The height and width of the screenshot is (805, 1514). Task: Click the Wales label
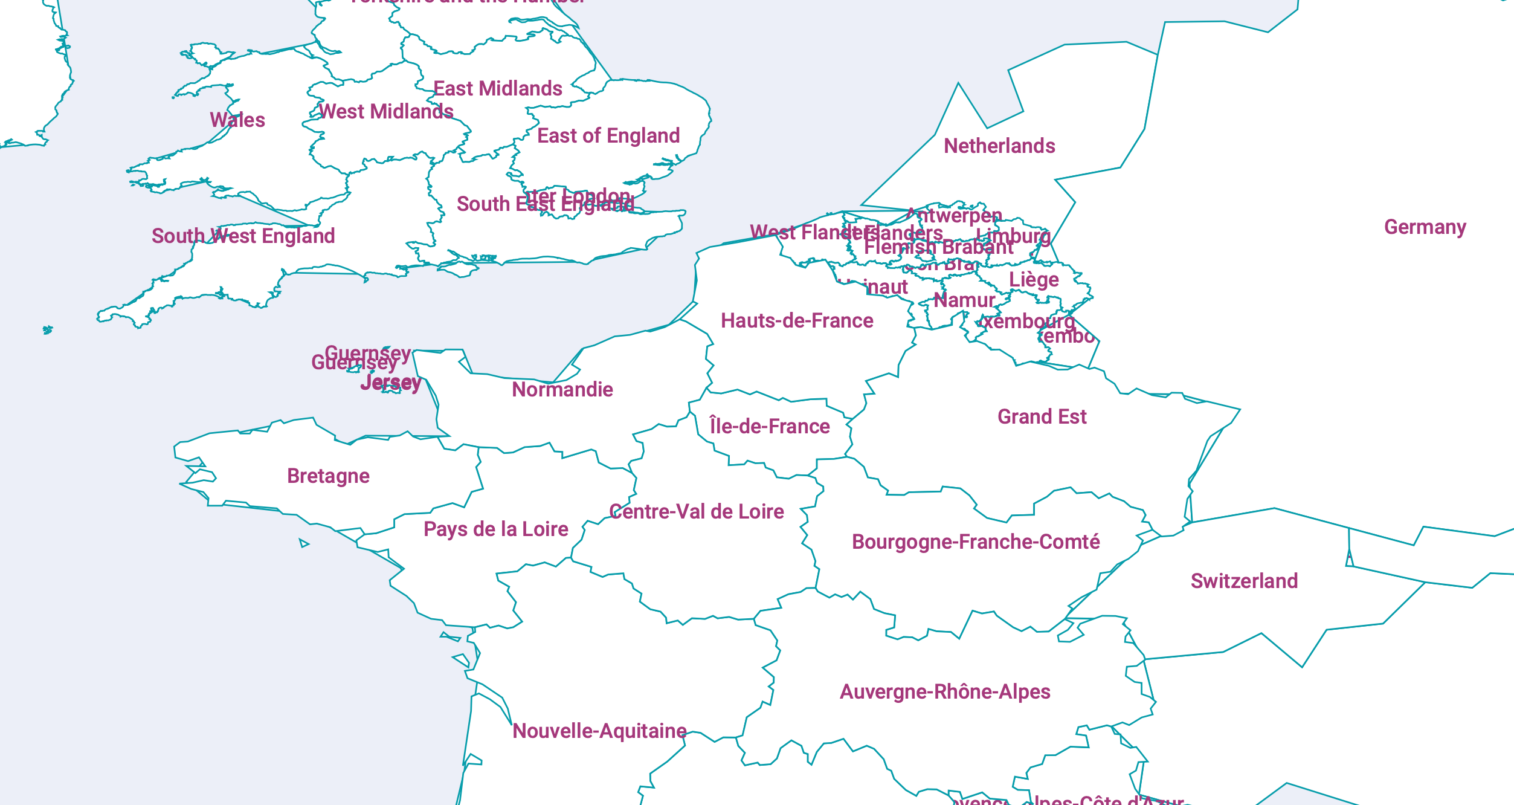click(x=237, y=120)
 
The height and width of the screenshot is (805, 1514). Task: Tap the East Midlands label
click(x=498, y=89)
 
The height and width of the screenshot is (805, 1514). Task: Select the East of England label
click(x=608, y=136)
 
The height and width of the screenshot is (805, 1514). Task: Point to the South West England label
click(x=243, y=236)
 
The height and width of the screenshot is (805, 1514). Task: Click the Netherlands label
click(x=999, y=146)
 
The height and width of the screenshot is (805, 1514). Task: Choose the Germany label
click(x=1425, y=227)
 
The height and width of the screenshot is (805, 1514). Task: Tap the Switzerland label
click(x=1244, y=581)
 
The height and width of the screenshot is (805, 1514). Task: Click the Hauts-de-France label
click(x=797, y=321)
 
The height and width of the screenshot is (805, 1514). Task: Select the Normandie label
click(x=562, y=390)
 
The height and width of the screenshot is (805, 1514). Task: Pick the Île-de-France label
click(x=769, y=427)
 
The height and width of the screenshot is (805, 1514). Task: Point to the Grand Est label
click(x=1042, y=417)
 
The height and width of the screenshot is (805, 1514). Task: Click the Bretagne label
click(x=328, y=476)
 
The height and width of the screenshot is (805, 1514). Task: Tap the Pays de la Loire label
click(x=495, y=529)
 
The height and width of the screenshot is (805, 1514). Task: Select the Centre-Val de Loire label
click(x=696, y=512)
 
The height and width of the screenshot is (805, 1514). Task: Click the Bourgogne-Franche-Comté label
click(x=975, y=542)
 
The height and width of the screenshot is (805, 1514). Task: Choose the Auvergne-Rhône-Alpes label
click(x=945, y=692)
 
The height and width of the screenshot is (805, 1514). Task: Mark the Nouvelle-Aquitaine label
click(x=599, y=731)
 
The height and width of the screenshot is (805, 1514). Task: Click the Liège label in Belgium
click(x=1034, y=280)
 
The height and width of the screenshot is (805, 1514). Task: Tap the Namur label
click(x=964, y=300)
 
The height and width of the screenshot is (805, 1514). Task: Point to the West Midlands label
click(x=386, y=112)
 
